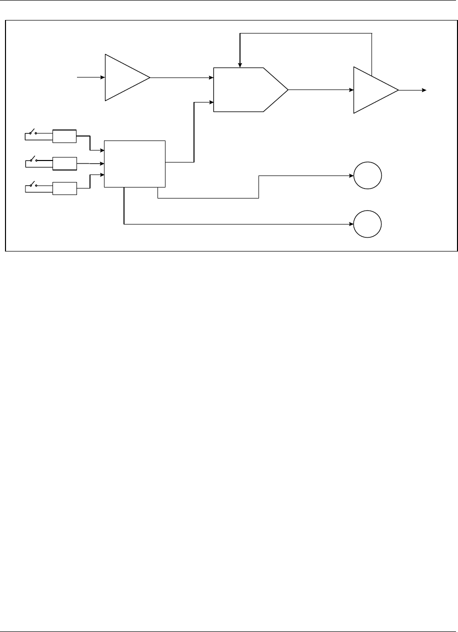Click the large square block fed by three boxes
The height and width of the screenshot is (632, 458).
click(x=134, y=164)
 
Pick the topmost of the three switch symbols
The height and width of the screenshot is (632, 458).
click(x=32, y=133)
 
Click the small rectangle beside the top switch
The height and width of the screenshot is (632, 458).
click(x=65, y=136)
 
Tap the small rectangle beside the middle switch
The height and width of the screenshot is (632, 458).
click(x=65, y=163)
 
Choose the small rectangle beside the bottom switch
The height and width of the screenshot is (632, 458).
click(x=65, y=188)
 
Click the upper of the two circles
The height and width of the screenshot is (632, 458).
click(x=367, y=176)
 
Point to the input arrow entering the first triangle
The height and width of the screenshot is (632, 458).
click(x=90, y=77)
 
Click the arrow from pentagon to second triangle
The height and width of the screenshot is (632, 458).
click(x=320, y=90)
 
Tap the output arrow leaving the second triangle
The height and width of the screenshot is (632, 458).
click(x=412, y=90)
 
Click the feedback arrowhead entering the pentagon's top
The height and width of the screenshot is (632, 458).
click(x=240, y=64)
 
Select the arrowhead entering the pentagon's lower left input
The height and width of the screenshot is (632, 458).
click(x=210, y=102)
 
